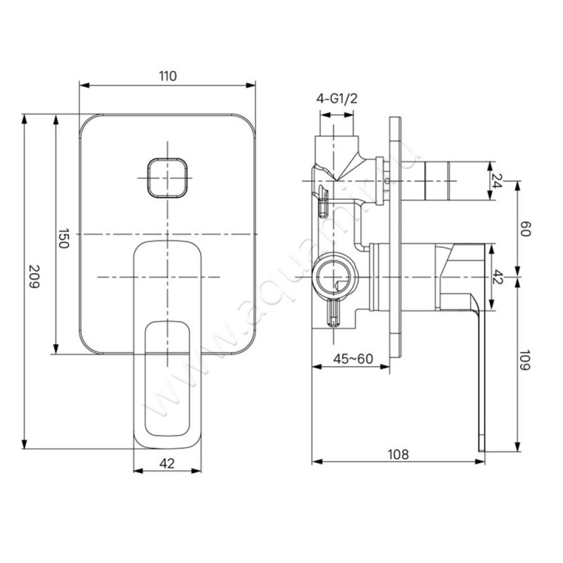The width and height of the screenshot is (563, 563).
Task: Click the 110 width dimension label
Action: (167, 75)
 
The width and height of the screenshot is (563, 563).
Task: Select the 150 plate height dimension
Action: (64, 239)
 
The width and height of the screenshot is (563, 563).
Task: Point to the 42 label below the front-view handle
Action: (167, 463)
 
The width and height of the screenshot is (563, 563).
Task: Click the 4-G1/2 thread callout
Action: (337, 99)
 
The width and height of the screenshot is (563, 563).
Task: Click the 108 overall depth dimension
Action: (398, 454)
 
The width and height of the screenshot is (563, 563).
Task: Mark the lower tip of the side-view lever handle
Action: (482, 445)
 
